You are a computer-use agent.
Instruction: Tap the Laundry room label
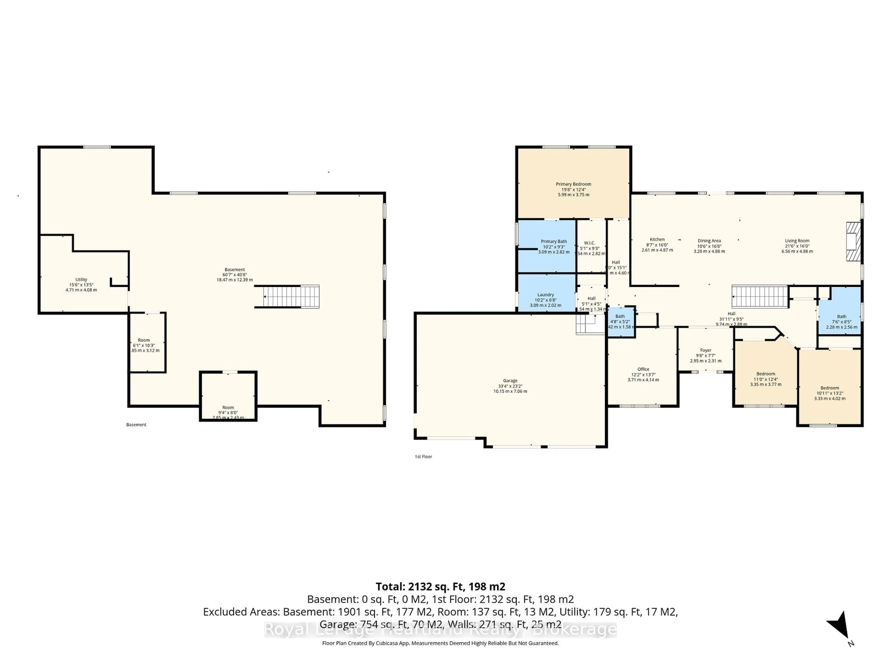[545, 295]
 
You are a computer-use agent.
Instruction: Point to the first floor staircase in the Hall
[760, 297]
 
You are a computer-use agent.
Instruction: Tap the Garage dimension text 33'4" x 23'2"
[510, 386]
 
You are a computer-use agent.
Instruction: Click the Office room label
[643, 369]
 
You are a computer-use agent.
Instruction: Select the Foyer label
[706, 351]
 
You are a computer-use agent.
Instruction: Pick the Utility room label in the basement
[81, 280]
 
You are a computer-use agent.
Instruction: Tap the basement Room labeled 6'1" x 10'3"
[144, 340]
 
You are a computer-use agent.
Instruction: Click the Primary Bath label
[554, 241]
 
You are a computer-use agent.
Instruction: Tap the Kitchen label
[657, 239]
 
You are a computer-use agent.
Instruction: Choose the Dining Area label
[709, 241]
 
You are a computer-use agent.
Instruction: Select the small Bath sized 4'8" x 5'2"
[620, 316]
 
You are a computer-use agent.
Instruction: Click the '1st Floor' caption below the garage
[423, 457]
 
